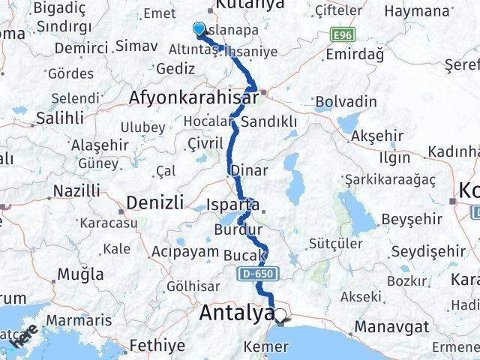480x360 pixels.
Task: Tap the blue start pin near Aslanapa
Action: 199,29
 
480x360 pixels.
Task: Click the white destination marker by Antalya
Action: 280,316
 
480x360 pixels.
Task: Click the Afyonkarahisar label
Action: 192,97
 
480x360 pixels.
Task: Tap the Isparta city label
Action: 234,204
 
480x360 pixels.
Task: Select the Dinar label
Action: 249,170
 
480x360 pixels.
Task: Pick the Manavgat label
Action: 391,326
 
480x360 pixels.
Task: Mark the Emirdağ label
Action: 355,54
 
